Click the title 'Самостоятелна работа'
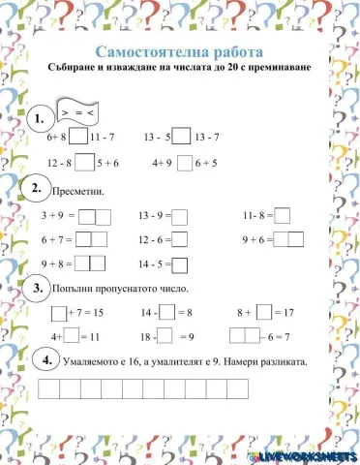coord(179,48)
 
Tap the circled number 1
coord(39,119)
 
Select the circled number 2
coord(36,188)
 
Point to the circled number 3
coord(37,288)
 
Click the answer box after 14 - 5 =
coord(180,263)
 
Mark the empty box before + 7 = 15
coord(59,313)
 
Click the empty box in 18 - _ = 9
coord(165,335)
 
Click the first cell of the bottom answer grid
coord(45,390)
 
